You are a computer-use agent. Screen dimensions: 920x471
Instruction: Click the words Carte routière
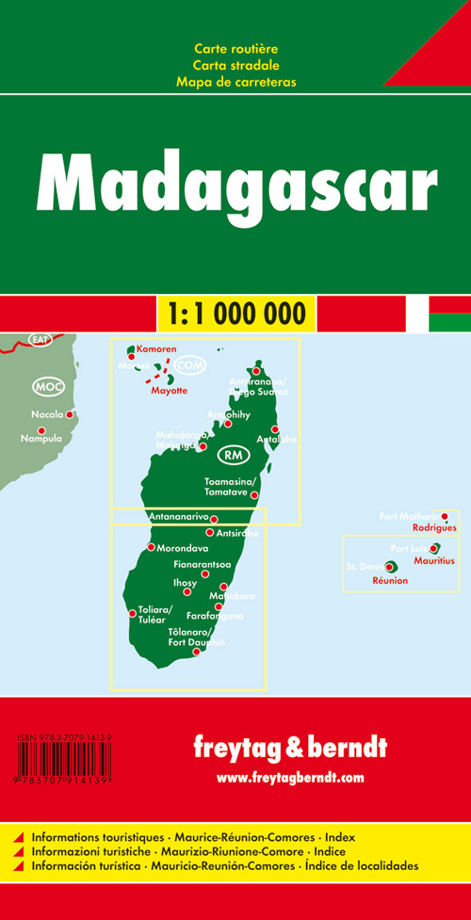point(235,48)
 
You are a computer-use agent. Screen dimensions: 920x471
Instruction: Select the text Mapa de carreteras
point(235,82)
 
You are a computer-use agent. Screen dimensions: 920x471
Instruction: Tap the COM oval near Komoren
point(190,364)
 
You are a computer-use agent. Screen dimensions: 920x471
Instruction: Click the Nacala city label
point(45,414)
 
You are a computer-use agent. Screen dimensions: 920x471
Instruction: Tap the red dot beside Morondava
point(151,547)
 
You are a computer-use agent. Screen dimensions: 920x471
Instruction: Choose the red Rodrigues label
point(433,527)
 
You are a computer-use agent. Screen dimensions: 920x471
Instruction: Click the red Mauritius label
point(434,560)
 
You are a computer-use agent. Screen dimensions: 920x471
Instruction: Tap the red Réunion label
point(390,581)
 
